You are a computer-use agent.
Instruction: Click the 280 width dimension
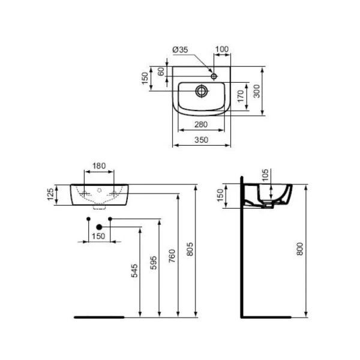[x=201, y=124]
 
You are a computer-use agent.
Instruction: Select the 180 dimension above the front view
[x=100, y=166]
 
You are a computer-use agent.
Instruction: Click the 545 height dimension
[x=135, y=271]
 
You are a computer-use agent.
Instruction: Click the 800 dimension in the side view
[x=301, y=250]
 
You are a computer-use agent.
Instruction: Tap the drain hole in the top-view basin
[x=202, y=91]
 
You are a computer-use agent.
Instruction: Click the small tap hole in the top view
[x=214, y=76]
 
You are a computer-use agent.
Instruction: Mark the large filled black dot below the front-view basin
[x=100, y=226]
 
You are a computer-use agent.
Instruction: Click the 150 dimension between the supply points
[x=99, y=236]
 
